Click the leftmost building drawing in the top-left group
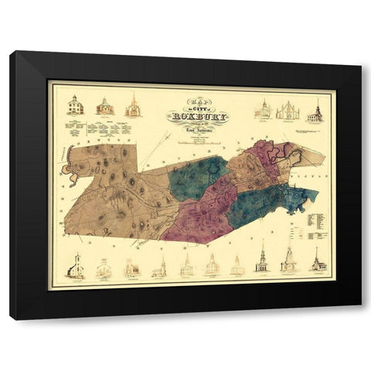click(x=75, y=106)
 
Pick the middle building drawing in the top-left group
click(x=104, y=107)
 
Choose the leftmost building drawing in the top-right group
click(x=262, y=110)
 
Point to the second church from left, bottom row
click(x=104, y=267)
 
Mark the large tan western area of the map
click(x=116, y=193)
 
